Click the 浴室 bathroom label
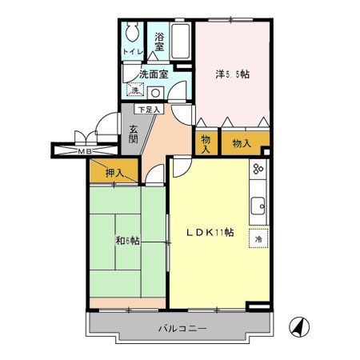pos(158,42)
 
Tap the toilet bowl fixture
pos(132,34)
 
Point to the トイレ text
pos(132,53)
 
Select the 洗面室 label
pos(153,74)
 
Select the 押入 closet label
pos(114,171)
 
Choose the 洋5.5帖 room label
pos(232,74)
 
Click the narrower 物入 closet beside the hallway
pos(206,143)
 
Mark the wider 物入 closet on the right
pos(242,143)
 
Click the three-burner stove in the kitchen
pos(258,171)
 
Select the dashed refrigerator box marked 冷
pos(258,238)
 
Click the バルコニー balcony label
pos(182,329)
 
